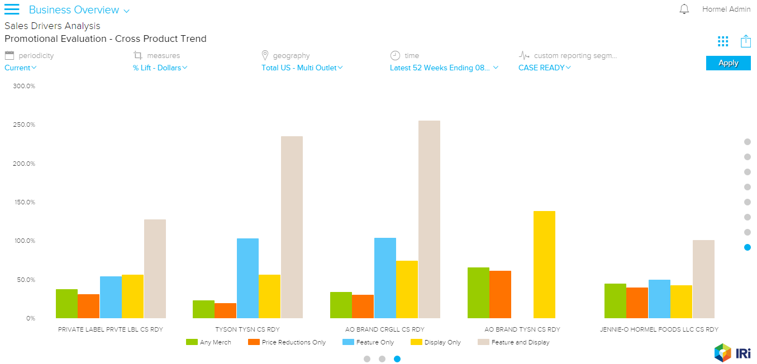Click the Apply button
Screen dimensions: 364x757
click(728, 63)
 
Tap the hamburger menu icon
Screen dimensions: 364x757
click(12, 9)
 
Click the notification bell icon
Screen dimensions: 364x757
click(684, 9)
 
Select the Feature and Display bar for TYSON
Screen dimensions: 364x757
click(292, 227)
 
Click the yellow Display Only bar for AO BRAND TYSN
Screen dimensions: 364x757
click(544, 265)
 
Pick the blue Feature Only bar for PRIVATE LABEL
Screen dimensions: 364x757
click(111, 297)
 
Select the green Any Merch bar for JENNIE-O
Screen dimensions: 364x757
click(615, 301)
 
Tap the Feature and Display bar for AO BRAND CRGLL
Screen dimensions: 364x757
click(429, 219)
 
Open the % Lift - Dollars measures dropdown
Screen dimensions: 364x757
click(160, 68)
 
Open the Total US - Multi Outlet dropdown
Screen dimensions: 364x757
click(302, 68)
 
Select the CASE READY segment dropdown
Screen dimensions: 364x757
click(544, 68)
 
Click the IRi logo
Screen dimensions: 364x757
click(732, 352)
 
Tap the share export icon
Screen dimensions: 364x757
click(745, 41)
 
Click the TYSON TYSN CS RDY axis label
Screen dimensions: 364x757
click(247, 329)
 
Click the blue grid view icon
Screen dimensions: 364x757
click(723, 41)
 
